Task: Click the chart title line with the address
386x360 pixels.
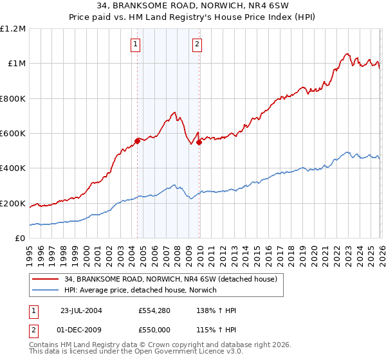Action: (193, 6)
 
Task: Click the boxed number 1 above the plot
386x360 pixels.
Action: (136, 44)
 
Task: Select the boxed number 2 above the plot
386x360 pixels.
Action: (197, 44)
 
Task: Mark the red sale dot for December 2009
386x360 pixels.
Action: (199, 142)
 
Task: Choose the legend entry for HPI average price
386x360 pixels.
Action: (140, 290)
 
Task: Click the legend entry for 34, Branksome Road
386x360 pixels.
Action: (170, 279)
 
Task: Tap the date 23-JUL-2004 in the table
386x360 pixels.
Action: (80, 310)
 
